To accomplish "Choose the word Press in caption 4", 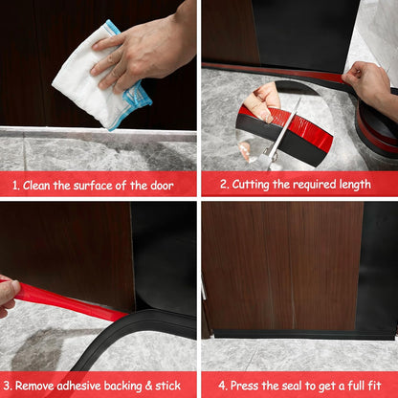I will coord(238,385).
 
